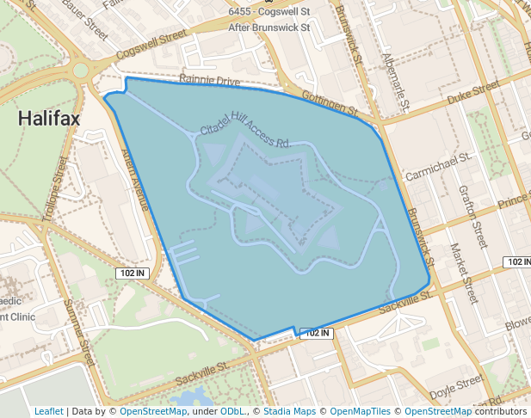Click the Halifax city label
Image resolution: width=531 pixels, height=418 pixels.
coord(49,119)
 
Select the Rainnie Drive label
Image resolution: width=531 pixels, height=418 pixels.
coord(210,82)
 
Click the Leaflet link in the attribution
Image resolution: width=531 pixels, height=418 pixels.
coord(49,411)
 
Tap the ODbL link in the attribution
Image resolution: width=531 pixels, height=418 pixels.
coord(233,411)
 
